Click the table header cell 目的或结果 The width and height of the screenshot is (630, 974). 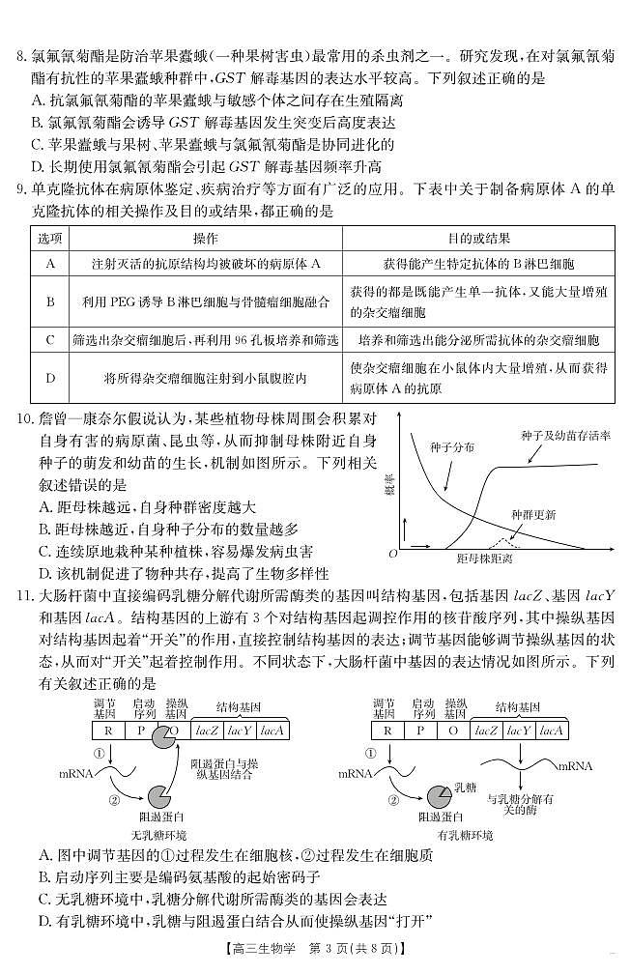tap(478, 238)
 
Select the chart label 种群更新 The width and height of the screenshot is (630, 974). tap(533, 514)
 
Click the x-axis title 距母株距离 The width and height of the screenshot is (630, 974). tap(484, 560)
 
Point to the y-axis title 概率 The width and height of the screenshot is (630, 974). tap(388, 483)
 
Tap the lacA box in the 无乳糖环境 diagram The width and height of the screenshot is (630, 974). tap(272, 730)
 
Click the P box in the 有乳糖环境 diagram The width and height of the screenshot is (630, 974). tap(420, 730)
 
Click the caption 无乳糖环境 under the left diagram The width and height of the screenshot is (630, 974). tap(158, 834)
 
